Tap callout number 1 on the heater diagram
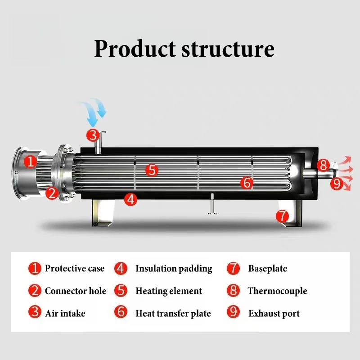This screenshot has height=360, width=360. point(31,161)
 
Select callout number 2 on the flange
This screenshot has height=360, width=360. point(52,193)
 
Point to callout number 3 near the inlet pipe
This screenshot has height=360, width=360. point(93,134)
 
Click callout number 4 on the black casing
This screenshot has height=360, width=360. point(130,199)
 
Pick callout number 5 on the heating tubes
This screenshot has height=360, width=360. point(152,170)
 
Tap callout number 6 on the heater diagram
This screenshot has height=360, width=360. point(247,183)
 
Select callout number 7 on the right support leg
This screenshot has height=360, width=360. point(282,216)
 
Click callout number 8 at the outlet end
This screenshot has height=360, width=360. point(323,165)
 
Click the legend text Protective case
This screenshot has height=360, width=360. point(74,269)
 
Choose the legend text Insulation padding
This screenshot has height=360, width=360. point(174,269)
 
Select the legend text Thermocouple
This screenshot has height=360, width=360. point(277,291)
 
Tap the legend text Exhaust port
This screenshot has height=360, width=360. point(274,313)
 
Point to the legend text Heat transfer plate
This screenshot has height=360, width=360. point(173,313)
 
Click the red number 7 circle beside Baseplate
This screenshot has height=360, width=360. point(233,268)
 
